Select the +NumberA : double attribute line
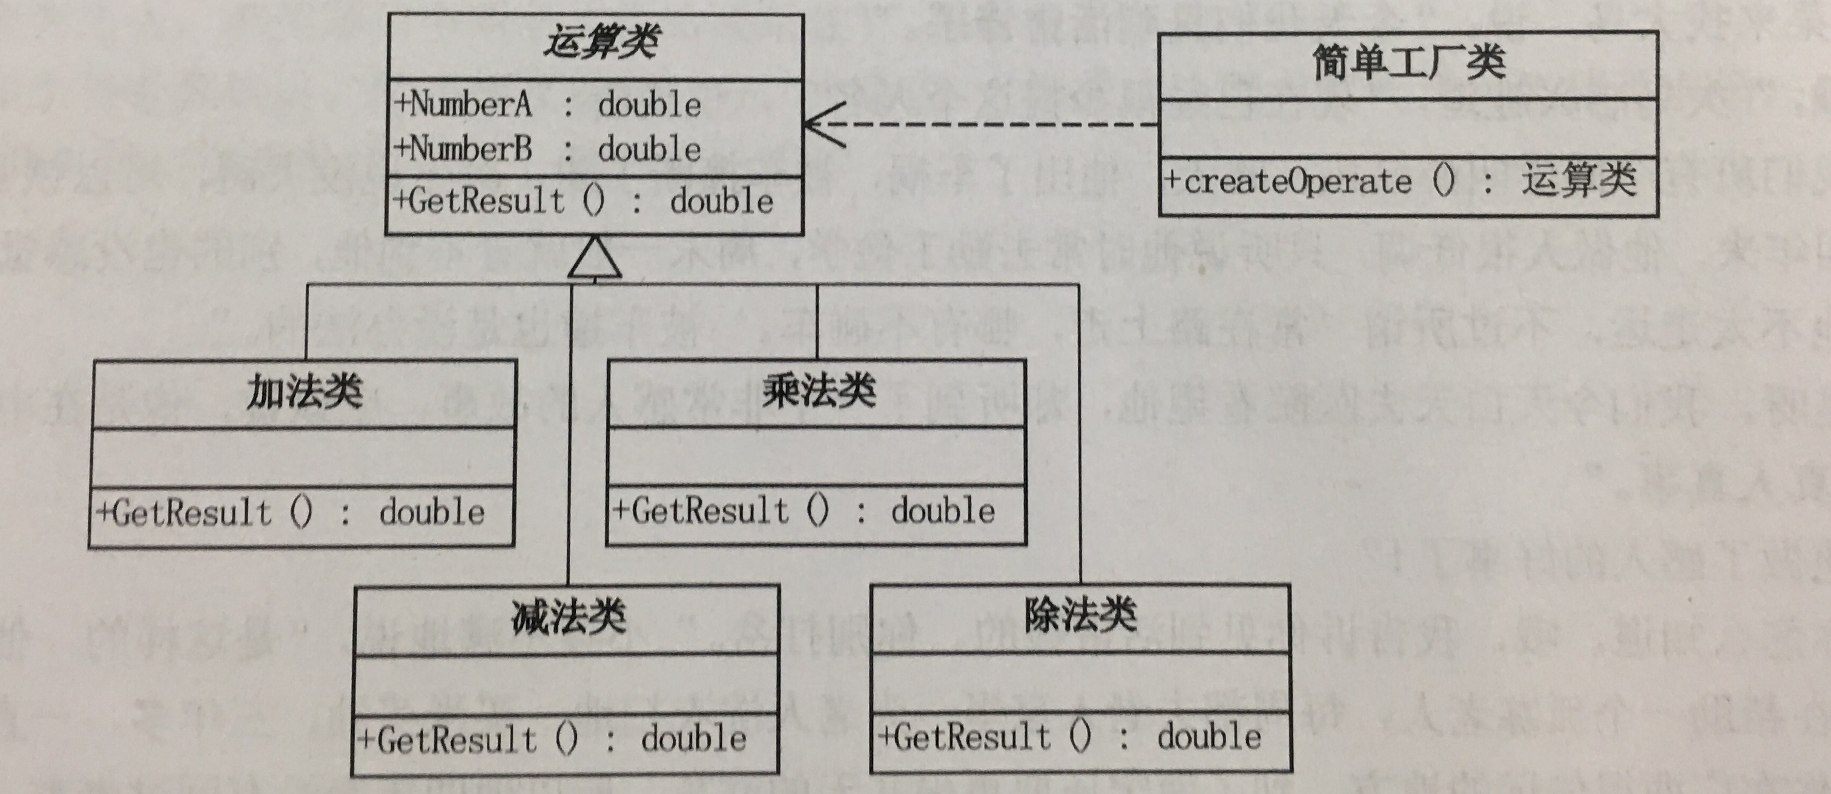pyautogui.click(x=547, y=105)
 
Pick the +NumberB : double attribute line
pyautogui.click(x=547, y=149)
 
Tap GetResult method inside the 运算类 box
pyautogui.click(x=583, y=202)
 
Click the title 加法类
pyautogui.click(x=304, y=392)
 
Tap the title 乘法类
pyautogui.click(x=818, y=391)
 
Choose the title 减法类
pyautogui.click(x=568, y=615)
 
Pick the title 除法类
pyautogui.click(x=1080, y=614)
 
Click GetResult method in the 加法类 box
pyautogui.click(x=290, y=513)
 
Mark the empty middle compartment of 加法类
pyautogui.click(x=303, y=457)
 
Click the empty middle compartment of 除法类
pyautogui.click(x=1080, y=683)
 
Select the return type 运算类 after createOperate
pyautogui.click(x=1579, y=180)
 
